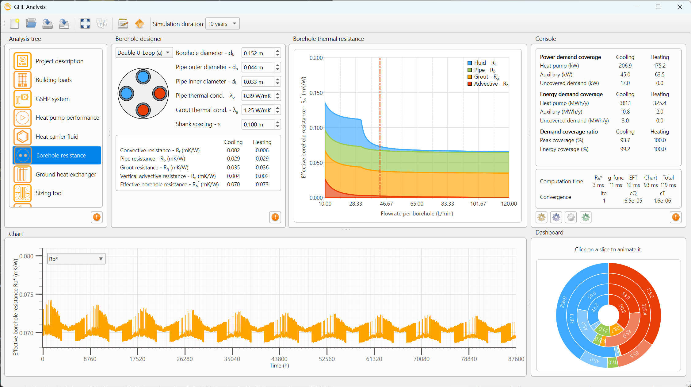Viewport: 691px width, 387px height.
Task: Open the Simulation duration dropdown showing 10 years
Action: [222, 24]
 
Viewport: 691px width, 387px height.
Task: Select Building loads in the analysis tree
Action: [54, 80]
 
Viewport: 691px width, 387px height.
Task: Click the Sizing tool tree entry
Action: [49, 193]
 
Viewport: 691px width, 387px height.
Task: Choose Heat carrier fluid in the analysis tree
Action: [57, 137]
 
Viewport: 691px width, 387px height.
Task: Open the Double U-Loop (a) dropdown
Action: [144, 53]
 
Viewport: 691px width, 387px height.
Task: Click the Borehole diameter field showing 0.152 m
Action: [258, 53]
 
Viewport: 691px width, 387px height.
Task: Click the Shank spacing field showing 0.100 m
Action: [258, 124]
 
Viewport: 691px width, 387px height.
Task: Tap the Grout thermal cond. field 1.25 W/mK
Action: [258, 110]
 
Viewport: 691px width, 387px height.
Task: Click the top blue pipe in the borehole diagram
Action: [143, 77]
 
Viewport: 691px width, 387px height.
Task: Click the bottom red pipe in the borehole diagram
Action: [143, 110]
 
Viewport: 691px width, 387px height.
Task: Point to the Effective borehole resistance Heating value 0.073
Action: [262, 184]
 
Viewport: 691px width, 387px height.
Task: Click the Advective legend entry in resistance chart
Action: [488, 84]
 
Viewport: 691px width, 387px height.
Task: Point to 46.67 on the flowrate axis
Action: [386, 204]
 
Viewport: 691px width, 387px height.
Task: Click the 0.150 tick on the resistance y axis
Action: [316, 93]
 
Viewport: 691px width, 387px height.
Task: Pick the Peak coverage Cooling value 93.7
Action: [625, 140]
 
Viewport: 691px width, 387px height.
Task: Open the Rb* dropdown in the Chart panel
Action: [76, 259]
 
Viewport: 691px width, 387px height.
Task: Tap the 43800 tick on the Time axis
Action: [279, 359]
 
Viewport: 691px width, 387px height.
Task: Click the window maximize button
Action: [658, 7]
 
